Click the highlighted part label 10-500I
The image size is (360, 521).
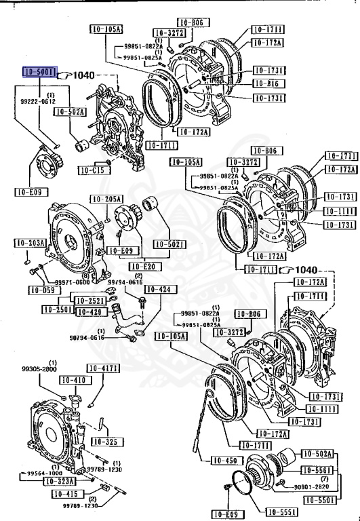[x=39, y=73]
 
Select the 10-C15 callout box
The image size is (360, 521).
[x=91, y=170]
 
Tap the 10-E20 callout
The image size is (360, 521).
[x=143, y=267]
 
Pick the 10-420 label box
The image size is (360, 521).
[x=89, y=312]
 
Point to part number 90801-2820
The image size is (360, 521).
[x=313, y=486]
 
